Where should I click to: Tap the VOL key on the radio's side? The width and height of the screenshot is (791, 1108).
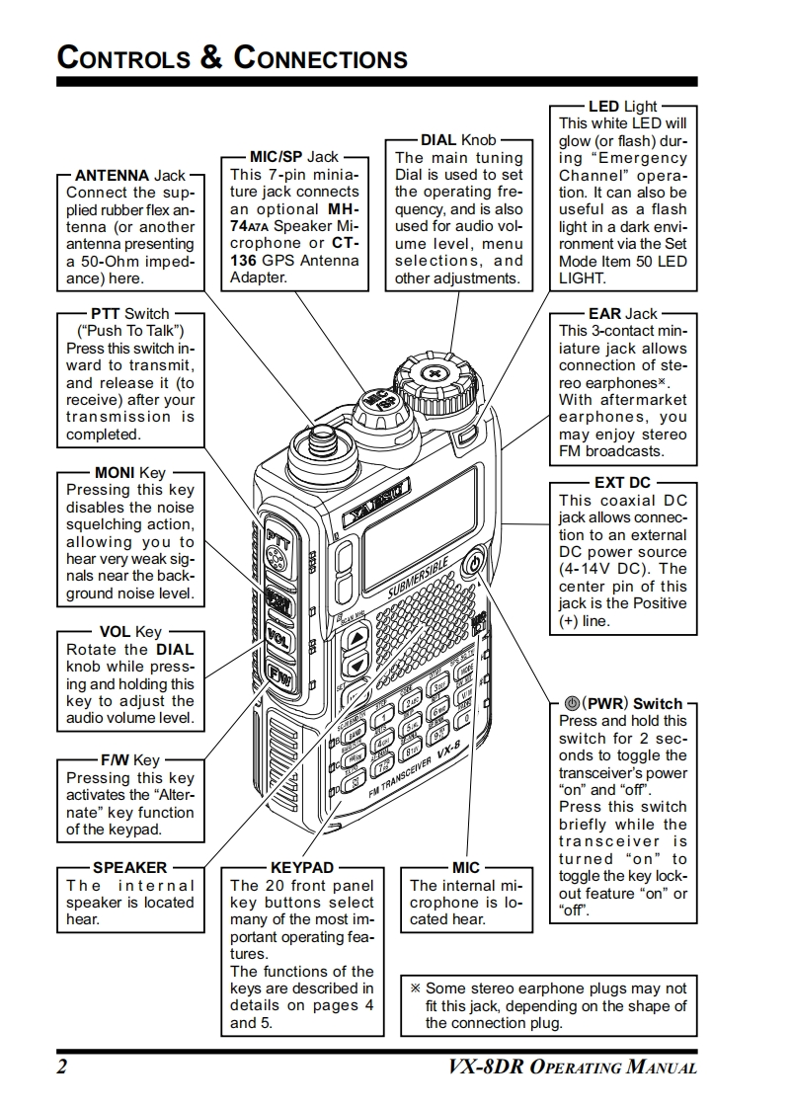(x=277, y=636)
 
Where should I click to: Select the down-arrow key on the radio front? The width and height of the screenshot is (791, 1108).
(x=356, y=665)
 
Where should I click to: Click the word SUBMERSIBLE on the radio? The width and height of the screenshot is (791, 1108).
(x=420, y=578)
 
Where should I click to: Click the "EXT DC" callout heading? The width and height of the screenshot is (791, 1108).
(x=622, y=483)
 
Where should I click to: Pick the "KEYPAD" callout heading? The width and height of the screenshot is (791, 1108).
(x=301, y=868)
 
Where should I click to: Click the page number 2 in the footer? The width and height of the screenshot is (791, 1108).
(x=61, y=1067)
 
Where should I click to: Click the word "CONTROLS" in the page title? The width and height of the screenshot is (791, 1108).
(x=122, y=57)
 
